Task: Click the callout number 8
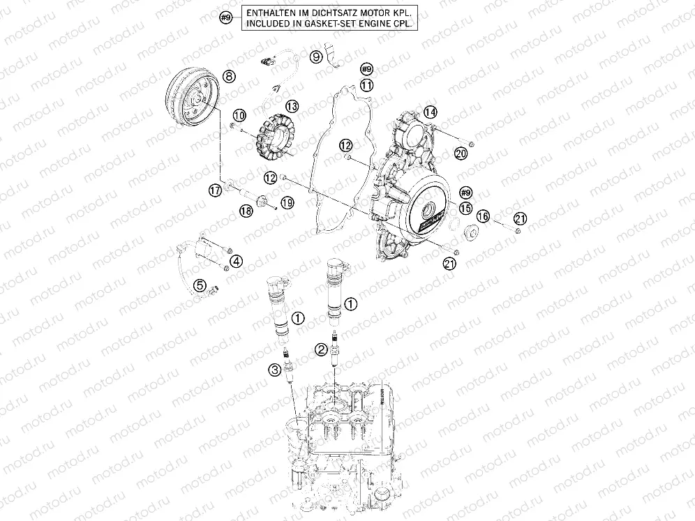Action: [x=228, y=75]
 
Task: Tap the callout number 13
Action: [x=291, y=106]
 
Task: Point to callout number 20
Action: [x=461, y=153]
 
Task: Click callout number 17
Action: [x=216, y=190]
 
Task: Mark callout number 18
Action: [x=246, y=211]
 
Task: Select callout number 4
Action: [x=237, y=262]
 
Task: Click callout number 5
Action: [x=200, y=285]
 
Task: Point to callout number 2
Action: [x=320, y=349]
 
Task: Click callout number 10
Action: [x=239, y=114]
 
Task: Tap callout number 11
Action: [x=367, y=85]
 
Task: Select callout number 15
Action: [x=466, y=208]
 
